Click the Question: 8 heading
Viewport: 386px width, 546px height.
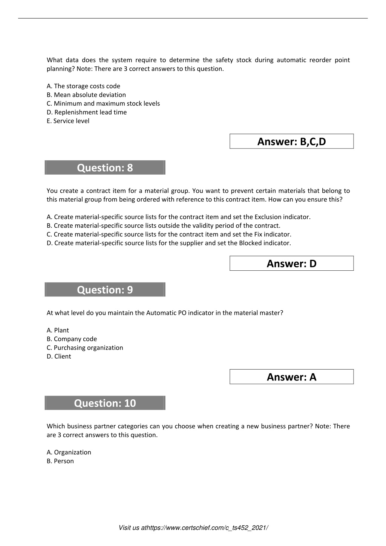(105, 168)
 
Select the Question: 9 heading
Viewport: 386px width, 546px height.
(105, 290)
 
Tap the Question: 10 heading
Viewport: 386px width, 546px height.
(105, 403)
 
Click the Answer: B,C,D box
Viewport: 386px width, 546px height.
(291, 141)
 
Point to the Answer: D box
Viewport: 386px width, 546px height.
(291, 264)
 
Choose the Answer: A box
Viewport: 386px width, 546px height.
(291, 377)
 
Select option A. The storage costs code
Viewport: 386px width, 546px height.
(83, 86)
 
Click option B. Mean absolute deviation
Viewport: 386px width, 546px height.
(86, 95)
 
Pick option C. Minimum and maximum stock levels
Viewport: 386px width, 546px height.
(103, 103)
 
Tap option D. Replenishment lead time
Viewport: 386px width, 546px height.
(87, 112)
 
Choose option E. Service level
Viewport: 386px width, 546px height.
(68, 121)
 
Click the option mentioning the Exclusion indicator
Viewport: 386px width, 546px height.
(179, 217)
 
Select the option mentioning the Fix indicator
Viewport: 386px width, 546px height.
(169, 234)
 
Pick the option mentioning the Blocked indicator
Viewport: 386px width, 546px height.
(169, 243)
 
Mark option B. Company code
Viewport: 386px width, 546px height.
(72, 339)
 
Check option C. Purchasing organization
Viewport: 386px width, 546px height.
(85, 348)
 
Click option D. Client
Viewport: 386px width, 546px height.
(59, 356)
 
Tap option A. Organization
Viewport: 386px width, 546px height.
(69, 452)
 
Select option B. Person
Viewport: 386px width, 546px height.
(60, 461)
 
